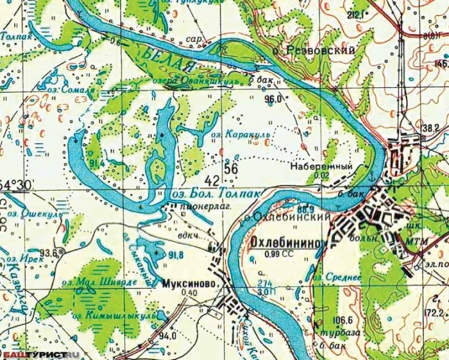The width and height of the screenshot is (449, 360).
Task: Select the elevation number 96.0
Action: (273, 99)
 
